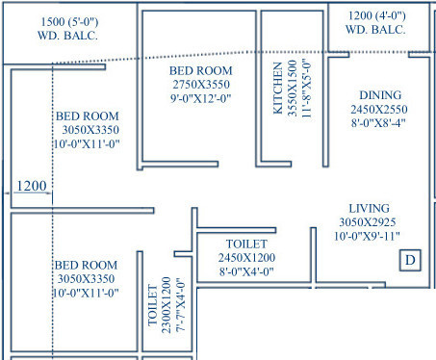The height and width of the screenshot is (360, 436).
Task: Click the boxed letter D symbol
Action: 409,261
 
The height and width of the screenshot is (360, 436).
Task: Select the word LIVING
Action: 370,208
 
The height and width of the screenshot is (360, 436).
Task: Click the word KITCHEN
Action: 277,88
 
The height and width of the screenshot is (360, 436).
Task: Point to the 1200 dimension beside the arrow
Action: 31,185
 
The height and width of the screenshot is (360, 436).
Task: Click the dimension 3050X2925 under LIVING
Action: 370,221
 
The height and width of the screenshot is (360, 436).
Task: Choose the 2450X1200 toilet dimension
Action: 246,257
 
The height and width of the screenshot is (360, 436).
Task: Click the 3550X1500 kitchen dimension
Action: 292,88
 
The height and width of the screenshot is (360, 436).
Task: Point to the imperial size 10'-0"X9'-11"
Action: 370,235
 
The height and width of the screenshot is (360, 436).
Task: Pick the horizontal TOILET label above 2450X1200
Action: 246,244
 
